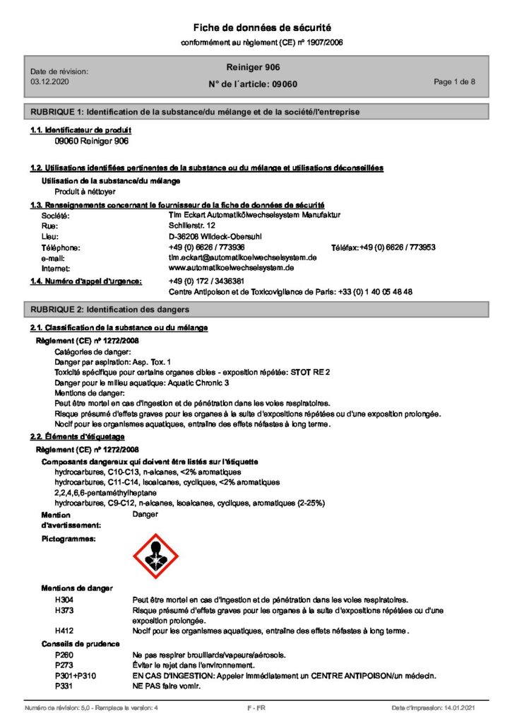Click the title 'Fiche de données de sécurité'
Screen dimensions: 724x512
click(263, 28)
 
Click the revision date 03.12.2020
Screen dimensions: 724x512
click(50, 82)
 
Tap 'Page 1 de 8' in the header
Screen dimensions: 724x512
click(454, 82)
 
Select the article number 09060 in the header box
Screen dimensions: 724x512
click(285, 84)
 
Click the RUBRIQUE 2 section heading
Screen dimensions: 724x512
click(109, 310)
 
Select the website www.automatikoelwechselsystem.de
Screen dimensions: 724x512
click(231, 269)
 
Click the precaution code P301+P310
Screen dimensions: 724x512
click(74, 676)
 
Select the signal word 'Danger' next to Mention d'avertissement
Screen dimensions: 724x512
click(145, 515)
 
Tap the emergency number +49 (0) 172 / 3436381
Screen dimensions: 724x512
click(207, 281)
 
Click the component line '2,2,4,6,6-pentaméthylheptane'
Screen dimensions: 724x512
click(105, 492)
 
